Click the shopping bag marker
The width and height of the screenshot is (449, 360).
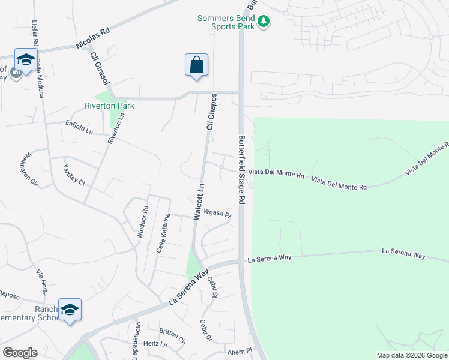(x=197, y=65)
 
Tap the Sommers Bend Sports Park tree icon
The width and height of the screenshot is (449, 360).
(x=263, y=22)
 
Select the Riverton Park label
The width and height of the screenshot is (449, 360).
(x=109, y=106)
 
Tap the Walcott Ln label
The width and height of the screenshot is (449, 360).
(x=199, y=202)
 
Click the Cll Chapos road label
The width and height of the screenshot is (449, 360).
(x=211, y=112)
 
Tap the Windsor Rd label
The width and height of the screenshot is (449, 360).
(x=142, y=223)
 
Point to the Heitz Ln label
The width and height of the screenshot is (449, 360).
(x=155, y=344)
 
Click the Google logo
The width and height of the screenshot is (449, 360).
(x=20, y=352)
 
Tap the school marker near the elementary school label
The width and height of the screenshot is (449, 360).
(x=70, y=310)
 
